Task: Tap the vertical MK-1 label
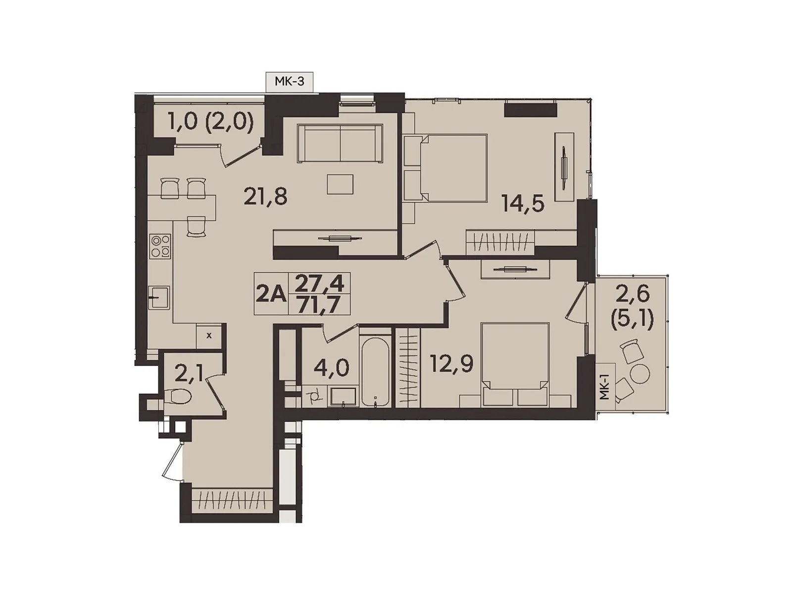pos(603,388)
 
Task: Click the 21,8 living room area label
pos(265,197)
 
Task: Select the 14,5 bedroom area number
pos(523,203)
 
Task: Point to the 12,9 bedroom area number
pos(451,364)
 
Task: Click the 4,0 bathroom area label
pos(331,367)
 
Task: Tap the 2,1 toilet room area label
pos(189,374)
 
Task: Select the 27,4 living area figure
pos(319,284)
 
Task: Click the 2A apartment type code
pos(271,295)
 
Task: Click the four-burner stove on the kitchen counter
pos(161,246)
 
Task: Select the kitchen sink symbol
pos(160,297)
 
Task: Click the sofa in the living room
pos(340,143)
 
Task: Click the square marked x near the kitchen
pos(208,335)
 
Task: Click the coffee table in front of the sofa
pos(340,185)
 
